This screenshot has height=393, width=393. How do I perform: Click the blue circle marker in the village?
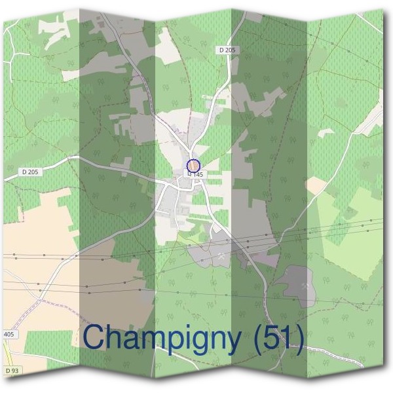click(x=193, y=166)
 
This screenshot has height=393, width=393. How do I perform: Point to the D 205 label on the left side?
click(x=29, y=172)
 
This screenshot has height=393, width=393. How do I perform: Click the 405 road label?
click(x=9, y=334)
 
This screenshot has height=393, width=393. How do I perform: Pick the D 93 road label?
click(x=11, y=371)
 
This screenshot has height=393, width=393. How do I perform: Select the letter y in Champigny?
click(x=233, y=342)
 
